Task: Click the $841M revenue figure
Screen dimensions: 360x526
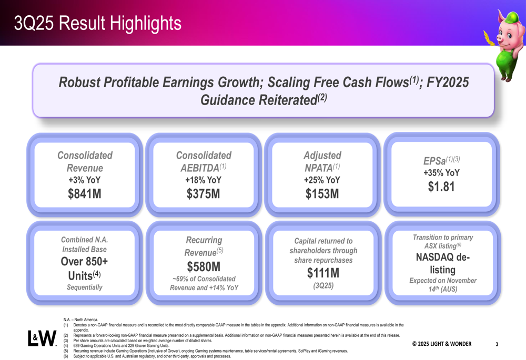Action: pos(85,194)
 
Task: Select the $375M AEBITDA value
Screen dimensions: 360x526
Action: pos(204,194)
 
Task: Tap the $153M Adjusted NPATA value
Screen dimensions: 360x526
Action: pos(322,194)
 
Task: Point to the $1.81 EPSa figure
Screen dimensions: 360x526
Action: pos(441,187)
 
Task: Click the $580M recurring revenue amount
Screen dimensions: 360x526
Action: pos(204,267)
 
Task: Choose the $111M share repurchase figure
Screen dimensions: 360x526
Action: pos(323,273)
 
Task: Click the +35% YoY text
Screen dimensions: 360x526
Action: pos(441,172)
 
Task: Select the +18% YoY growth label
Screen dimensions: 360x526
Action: pos(204,180)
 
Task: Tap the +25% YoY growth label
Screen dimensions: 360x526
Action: pos(322,180)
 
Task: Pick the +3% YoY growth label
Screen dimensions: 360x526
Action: pos(85,180)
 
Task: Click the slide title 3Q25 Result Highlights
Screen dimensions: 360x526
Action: pos(98,23)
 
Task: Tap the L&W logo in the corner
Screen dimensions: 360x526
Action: pos(42,339)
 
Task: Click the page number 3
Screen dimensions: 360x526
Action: pos(497,344)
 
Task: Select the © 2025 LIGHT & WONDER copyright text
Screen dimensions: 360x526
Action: pos(441,344)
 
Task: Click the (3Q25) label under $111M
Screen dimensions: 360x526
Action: pos(323,286)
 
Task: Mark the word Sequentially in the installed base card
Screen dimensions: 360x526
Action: pos(85,287)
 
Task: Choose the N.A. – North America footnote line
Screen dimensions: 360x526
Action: pos(80,320)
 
